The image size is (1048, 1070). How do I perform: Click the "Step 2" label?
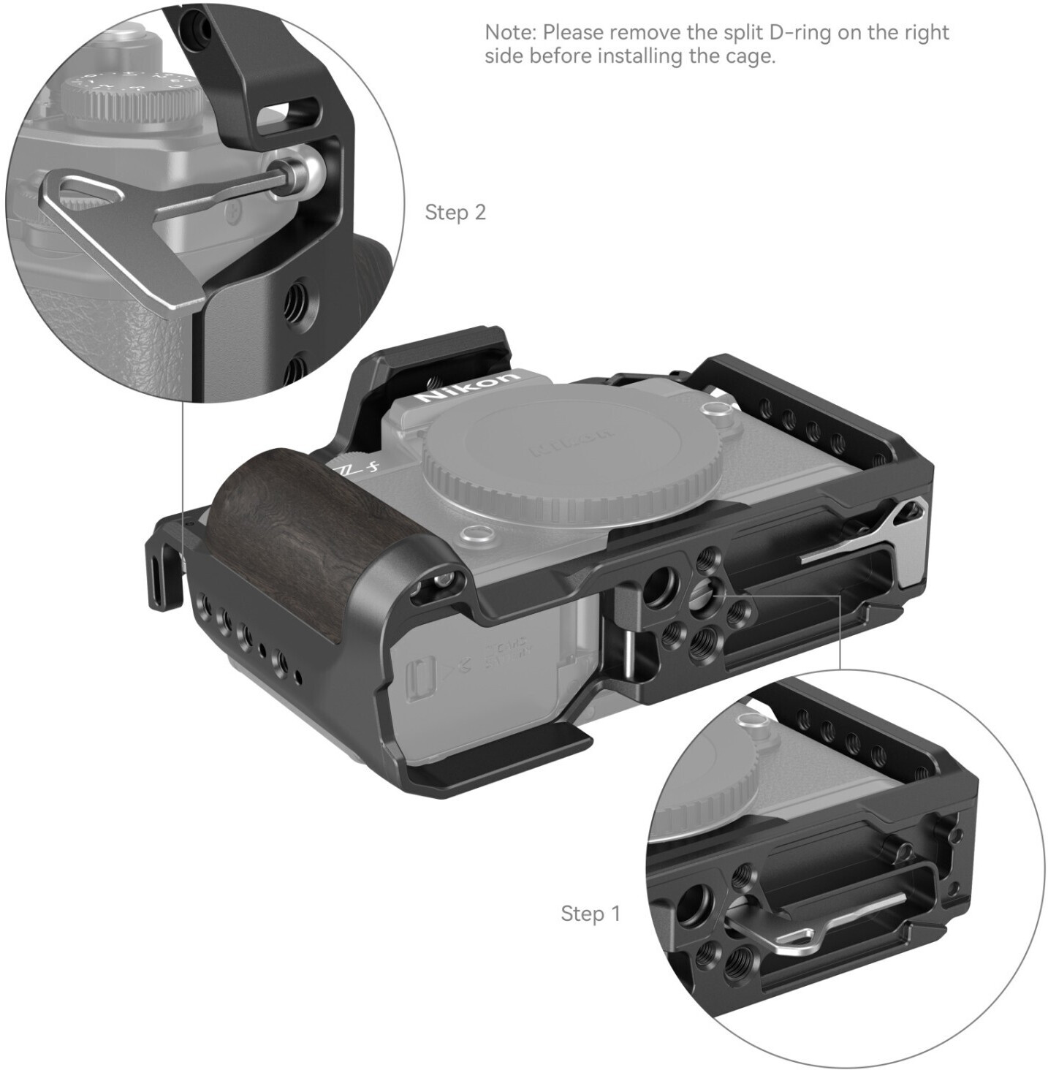coord(455,212)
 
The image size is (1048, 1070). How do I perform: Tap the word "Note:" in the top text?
coord(510,33)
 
